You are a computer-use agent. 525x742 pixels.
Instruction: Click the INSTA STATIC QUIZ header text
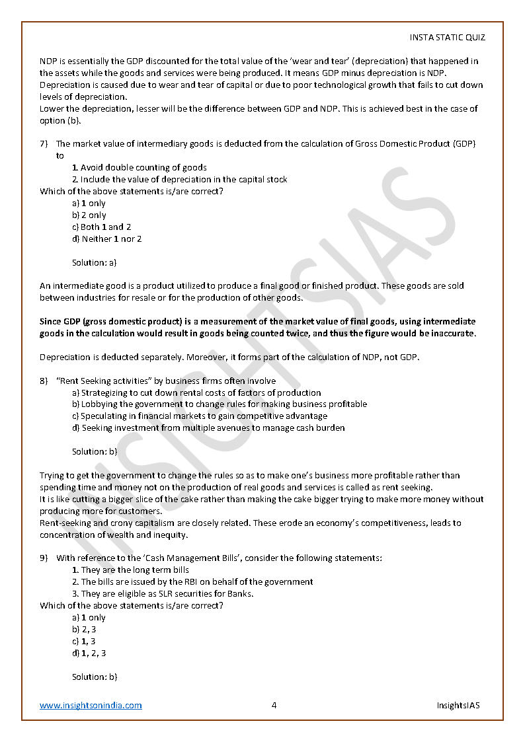(448, 38)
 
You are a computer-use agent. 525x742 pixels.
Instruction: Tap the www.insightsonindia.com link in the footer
(91, 705)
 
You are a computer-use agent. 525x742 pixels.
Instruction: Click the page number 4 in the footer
(274, 705)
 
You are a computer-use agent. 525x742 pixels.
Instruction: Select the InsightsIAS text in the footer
(458, 705)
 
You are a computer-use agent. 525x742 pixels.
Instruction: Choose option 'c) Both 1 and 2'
(101, 227)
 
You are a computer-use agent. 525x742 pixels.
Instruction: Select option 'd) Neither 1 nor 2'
(106, 239)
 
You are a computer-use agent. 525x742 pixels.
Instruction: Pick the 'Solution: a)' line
(94, 262)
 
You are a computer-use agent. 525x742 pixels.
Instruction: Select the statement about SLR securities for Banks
(167, 593)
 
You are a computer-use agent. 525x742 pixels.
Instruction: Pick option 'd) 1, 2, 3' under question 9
(89, 653)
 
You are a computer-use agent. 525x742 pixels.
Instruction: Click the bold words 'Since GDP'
(58, 321)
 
